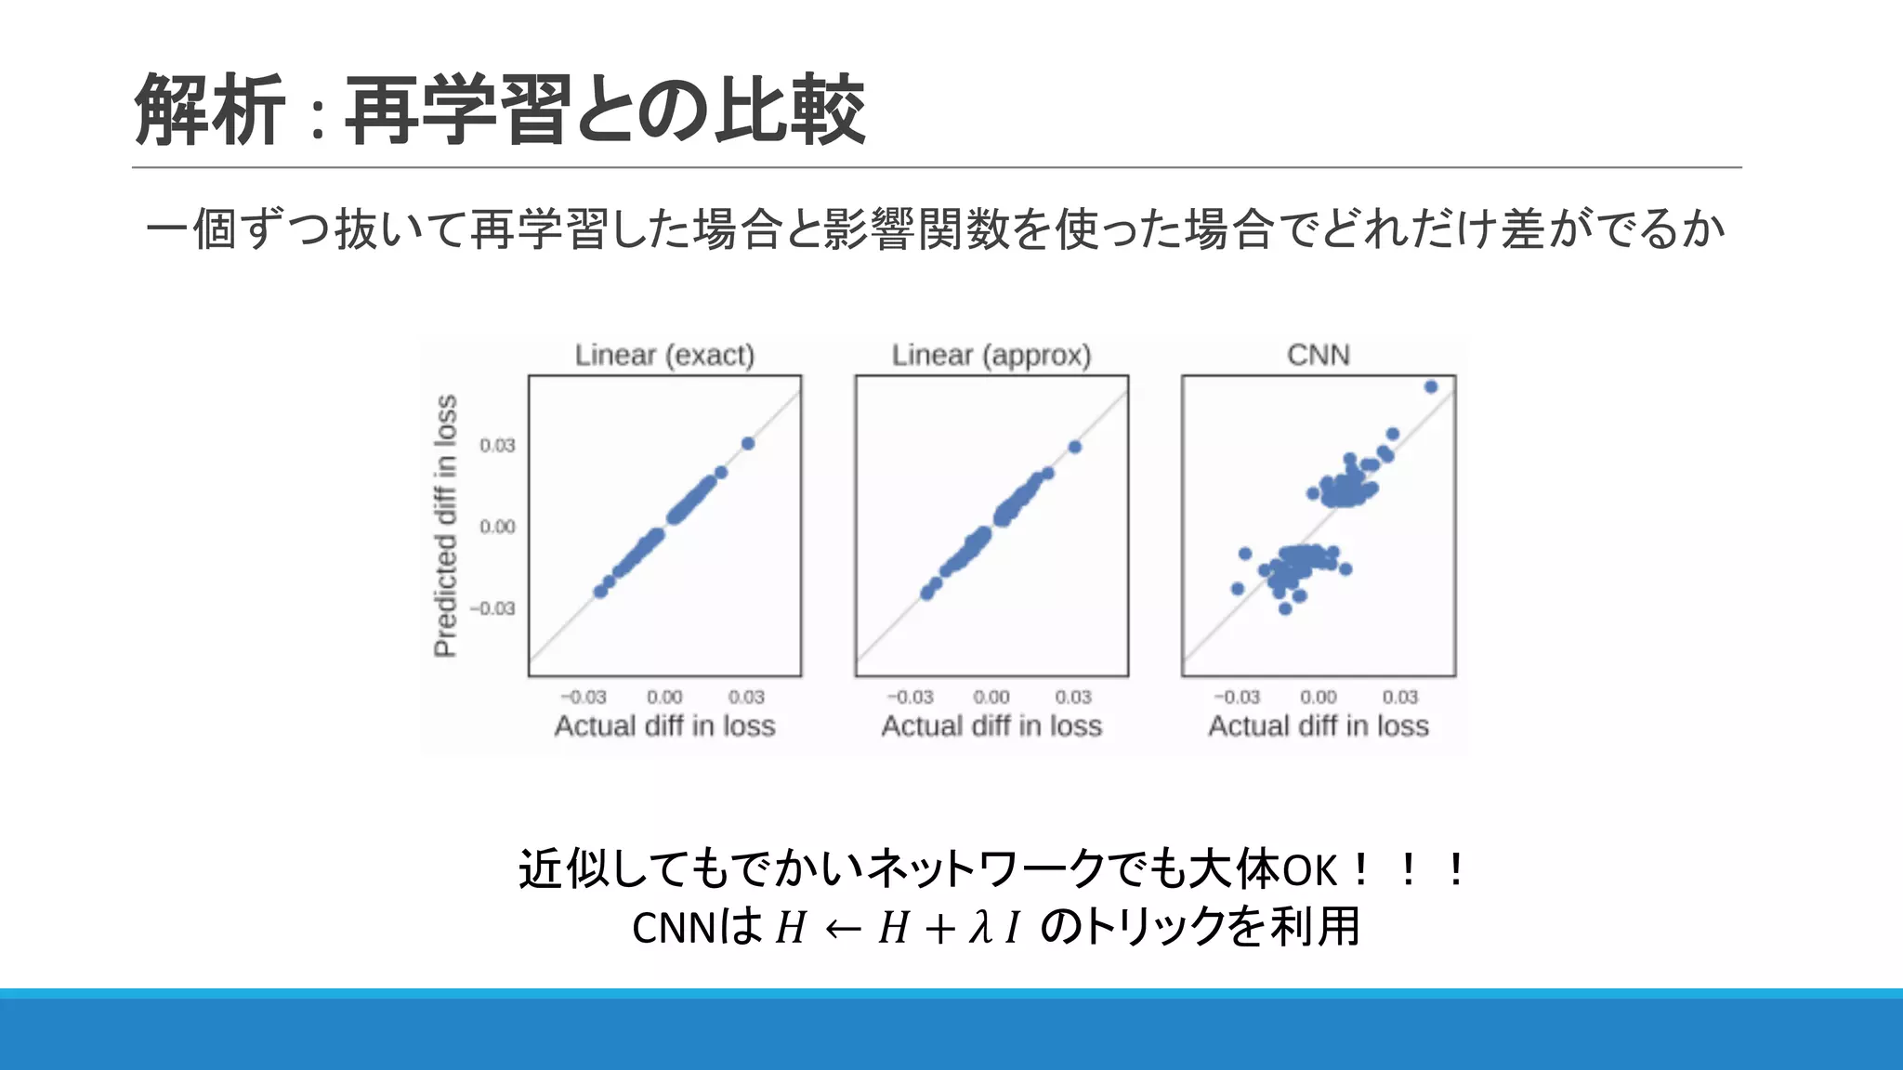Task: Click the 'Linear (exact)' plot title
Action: [x=664, y=355]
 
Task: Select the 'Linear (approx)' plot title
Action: [x=991, y=355]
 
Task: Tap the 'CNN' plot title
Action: [x=1318, y=355]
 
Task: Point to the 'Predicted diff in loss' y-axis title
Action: [x=446, y=526]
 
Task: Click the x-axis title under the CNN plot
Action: [x=1318, y=725]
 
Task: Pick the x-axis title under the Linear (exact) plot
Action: [x=664, y=725]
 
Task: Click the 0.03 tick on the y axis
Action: [x=497, y=446]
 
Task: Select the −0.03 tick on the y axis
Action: [x=492, y=608]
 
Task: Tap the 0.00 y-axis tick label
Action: [x=497, y=527]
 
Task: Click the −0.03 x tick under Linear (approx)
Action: [x=910, y=697]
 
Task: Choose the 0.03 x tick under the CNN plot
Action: [x=1399, y=697]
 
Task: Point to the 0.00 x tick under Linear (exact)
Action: [x=664, y=697]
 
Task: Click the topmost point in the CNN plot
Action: [x=1431, y=386]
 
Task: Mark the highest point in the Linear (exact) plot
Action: [x=748, y=443]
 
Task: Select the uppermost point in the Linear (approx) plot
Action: [x=1075, y=447]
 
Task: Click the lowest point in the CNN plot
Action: [x=1285, y=608]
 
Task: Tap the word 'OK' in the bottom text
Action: [x=1310, y=870]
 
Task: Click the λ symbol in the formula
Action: [x=980, y=926]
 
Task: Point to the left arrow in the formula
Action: [x=842, y=928]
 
